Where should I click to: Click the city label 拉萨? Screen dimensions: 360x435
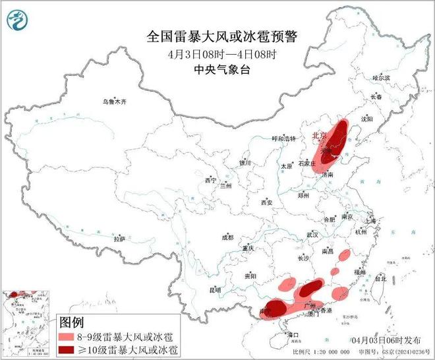point(119,239)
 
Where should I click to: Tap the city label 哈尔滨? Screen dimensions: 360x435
point(382,78)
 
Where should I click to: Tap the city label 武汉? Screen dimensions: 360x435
point(312,235)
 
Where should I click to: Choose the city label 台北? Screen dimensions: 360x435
point(381,279)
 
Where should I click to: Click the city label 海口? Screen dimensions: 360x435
point(294,336)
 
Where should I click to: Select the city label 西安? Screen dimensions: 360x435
point(266,202)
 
